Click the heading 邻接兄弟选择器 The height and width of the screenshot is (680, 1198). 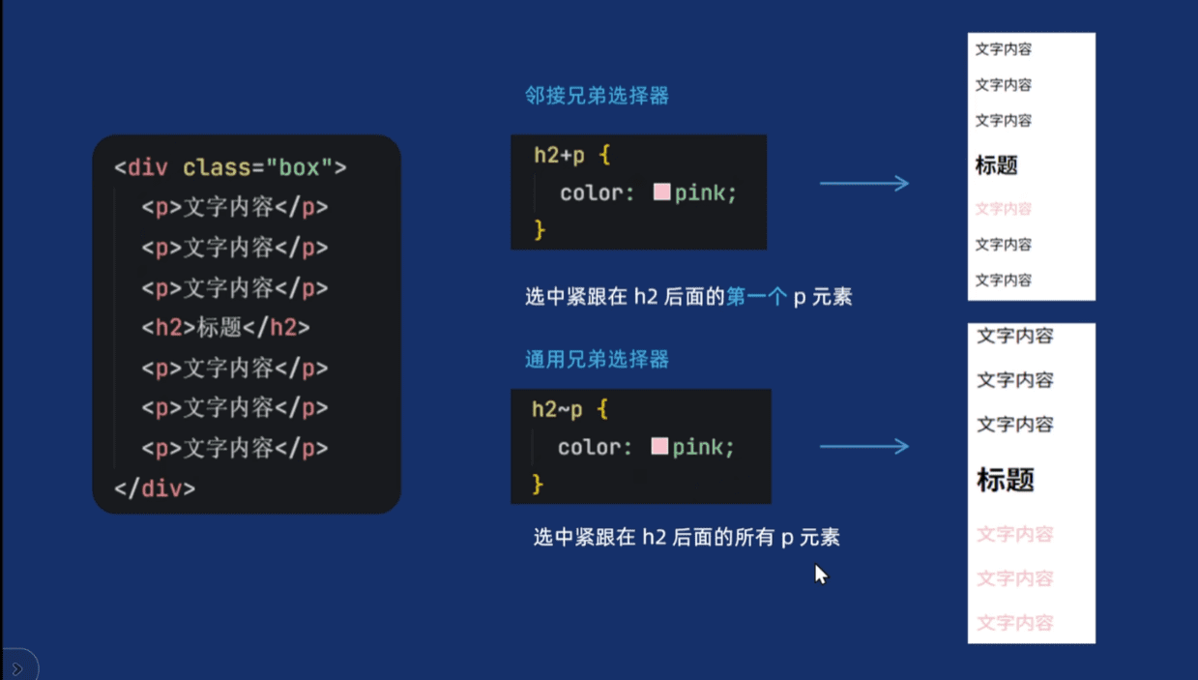pyautogui.click(x=597, y=96)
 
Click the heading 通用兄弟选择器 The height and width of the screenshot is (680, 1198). pyautogui.click(x=597, y=360)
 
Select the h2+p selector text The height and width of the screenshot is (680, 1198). pyautogui.click(x=559, y=155)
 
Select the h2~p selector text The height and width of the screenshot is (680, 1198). pyautogui.click(x=557, y=409)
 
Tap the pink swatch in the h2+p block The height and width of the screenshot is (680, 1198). pyautogui.click(x=662, y=192)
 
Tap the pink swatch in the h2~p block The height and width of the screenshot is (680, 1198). pyautogui.click(x=660, y=446)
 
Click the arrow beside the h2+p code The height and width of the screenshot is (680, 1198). pyautogui.click(x=863, y=183)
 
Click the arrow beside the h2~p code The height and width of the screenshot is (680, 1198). pyautogui.click(x=863, y=446)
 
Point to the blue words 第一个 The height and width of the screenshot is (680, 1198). pyautogui.click(x=757, y=297)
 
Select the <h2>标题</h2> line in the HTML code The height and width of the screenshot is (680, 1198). pyautogui.click(x=225, y=328)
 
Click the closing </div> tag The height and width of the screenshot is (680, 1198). pyautogui.click(x=155, y=488)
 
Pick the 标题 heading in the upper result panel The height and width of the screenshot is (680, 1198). pyautogui.click(x=996, y=165)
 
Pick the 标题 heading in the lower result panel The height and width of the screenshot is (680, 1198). pyautogui.click(x=1006, y=480)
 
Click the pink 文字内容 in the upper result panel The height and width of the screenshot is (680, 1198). pyautogui.click(x=1003, y=209)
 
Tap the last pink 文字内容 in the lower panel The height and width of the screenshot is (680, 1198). pyautogui.click(x=1014, y=623)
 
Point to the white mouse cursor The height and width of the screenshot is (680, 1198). pyautogui.click(x=820, y=574)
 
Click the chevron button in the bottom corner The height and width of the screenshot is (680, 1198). pyautogui.click(x=17, y=668)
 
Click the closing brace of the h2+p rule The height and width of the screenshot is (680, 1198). pyautogui.click(x=540, y=229)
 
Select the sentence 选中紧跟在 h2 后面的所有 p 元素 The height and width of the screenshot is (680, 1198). pyautogui.click(x=687, y=537)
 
